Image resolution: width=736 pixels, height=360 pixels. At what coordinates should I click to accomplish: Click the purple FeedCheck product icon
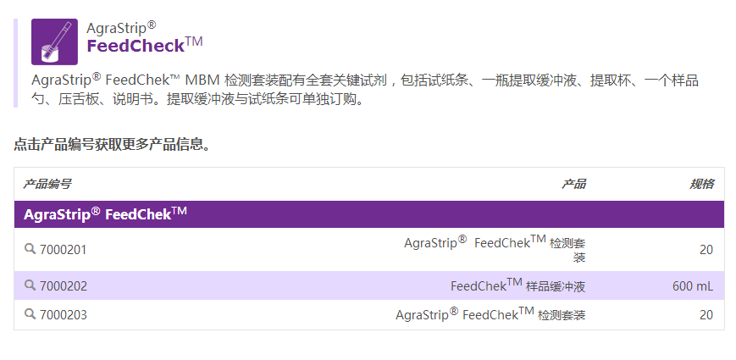pyautogui.click(x=54, y=42)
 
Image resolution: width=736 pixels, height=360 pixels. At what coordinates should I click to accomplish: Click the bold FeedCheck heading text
pyautogui.click(x=136, y=46)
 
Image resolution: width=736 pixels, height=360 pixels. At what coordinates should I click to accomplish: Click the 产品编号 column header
pyautogui.click(x=47, y=184)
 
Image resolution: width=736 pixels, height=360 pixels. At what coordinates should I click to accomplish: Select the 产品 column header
pyautogui.click(x=573, y=184)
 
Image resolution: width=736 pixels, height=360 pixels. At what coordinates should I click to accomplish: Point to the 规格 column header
pyautogui.click(x=701, y=184)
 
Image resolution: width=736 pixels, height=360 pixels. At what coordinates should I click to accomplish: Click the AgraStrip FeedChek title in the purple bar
pyautogui.click(x=105, y=213)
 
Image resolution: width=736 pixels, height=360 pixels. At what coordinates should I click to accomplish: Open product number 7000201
pyautogui.click(x=64, y=250)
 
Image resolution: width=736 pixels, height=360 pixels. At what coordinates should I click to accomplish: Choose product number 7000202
pyautogui.click(x=64, y=286)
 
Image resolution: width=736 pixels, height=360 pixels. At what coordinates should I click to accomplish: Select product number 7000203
pyautogui.click(x=64, y=315)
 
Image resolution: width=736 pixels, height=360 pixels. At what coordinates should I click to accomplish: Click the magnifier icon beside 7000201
pyautogui.click(x=30, y=249)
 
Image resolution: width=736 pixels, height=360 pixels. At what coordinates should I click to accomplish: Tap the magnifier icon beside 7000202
pyautogui.click(x=30, y=285)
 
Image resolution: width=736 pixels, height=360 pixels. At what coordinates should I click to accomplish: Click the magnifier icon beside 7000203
pyautogui.click(x=30, y=314)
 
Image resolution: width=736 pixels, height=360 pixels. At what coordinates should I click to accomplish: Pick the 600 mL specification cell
pyautogui.click(x=693, y=286)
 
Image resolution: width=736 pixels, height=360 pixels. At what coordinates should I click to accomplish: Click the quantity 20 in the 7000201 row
pyautogui.click(x=706, y=250)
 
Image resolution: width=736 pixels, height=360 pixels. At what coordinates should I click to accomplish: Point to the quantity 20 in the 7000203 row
pyautogui.click(x=706, y=315)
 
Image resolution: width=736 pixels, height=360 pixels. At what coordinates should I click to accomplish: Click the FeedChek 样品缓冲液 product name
pyautogui.click(x=517, y=286)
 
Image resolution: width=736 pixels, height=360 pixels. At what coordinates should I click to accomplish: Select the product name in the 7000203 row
pyautogui.click(x=490, y=315)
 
